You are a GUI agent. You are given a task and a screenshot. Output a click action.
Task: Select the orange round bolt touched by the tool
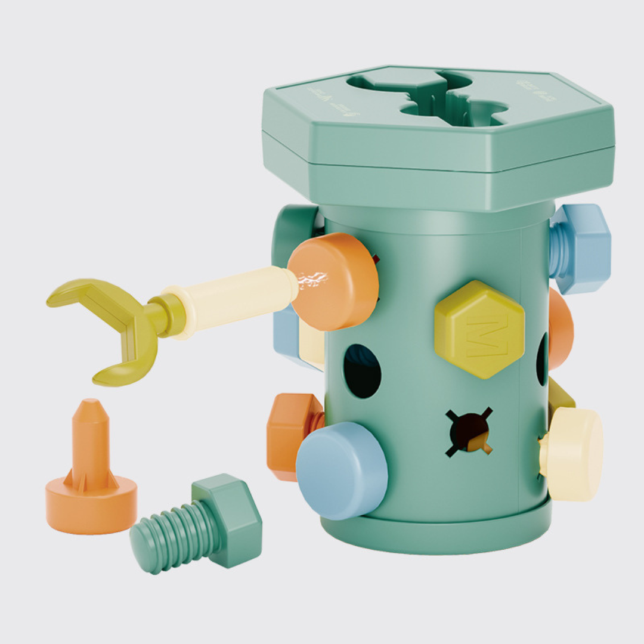pyautogui.click(x=337, y=280)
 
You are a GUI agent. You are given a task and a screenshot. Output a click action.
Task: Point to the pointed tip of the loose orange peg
pyautogui.click(x=90, y=411)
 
